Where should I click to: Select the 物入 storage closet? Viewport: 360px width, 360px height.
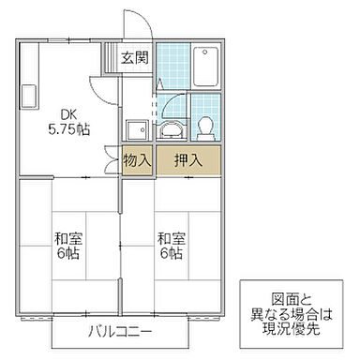137,158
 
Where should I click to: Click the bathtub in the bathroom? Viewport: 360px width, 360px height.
206,66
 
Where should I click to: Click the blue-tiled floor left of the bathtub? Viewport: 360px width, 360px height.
172,65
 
